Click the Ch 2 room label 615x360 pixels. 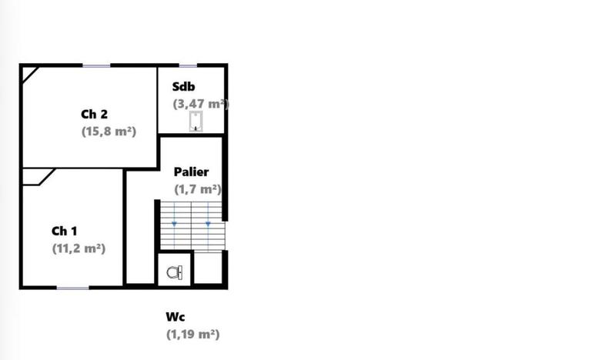94,115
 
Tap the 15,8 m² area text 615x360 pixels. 109,132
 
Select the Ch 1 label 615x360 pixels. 64,231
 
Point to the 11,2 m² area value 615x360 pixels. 79,248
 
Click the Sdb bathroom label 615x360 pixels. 184,86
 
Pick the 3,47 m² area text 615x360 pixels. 201,104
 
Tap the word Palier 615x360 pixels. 191,172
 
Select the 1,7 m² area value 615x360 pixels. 198,189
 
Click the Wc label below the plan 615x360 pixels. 175,317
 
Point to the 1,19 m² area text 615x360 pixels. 192,335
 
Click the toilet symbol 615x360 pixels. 175,272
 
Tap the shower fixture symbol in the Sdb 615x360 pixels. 196,122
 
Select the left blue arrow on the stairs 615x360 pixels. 175,223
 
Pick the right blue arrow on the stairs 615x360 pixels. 208,223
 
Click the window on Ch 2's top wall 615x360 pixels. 97,65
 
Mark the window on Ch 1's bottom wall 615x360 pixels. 73,288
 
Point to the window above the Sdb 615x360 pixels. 189,65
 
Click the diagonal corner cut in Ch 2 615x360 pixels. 29,73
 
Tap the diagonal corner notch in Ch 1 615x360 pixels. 37,177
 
